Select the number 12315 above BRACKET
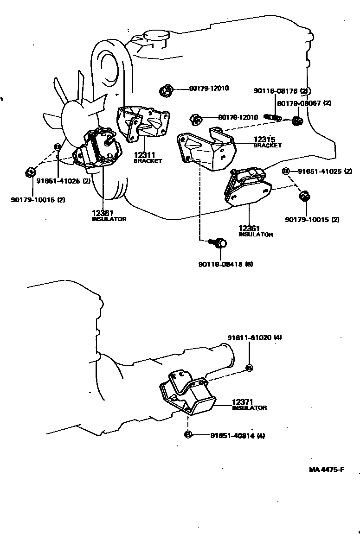pyautogui.click(x=264, y=139)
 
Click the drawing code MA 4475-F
pyautogui.click(x=326, y=469)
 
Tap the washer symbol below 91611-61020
pyautogui.click(x=249, y=368)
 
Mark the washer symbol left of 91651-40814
pyautogui.click(x=188, y=434)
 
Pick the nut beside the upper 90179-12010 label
pyautogui.click(x=164, y=91)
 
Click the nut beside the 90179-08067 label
pyautogui.click(x=298, y=121)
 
